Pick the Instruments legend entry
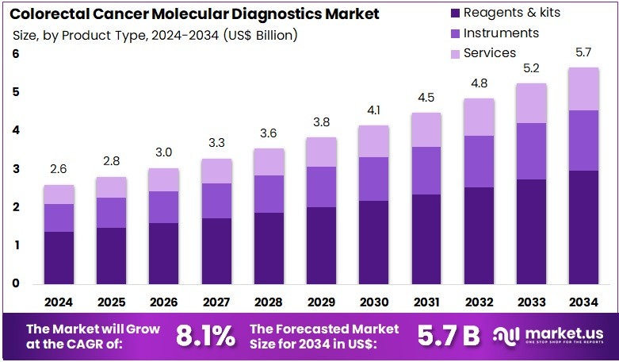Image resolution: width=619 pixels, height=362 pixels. (501, 33)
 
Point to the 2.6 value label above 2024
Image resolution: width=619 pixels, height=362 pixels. (59, 170)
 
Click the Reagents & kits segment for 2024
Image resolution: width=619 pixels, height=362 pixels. (59, 257)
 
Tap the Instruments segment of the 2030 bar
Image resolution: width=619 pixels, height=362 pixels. (373, 179)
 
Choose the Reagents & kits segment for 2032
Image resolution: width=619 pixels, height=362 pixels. (478, 235)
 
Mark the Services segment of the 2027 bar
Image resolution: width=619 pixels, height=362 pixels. (216, 171)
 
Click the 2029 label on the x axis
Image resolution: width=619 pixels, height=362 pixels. (321, 302)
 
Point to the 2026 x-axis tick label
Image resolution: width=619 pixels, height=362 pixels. (163, 302)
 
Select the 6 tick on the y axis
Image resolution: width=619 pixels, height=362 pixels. (16, 54)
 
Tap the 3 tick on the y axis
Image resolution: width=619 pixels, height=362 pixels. (16, 169)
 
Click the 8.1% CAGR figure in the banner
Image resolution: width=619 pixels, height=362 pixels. (204, 335)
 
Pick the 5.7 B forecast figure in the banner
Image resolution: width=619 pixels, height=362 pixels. (449, 335)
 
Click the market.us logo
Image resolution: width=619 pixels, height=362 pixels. (549, 335)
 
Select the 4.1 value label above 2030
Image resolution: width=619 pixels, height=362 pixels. (373, 110)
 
